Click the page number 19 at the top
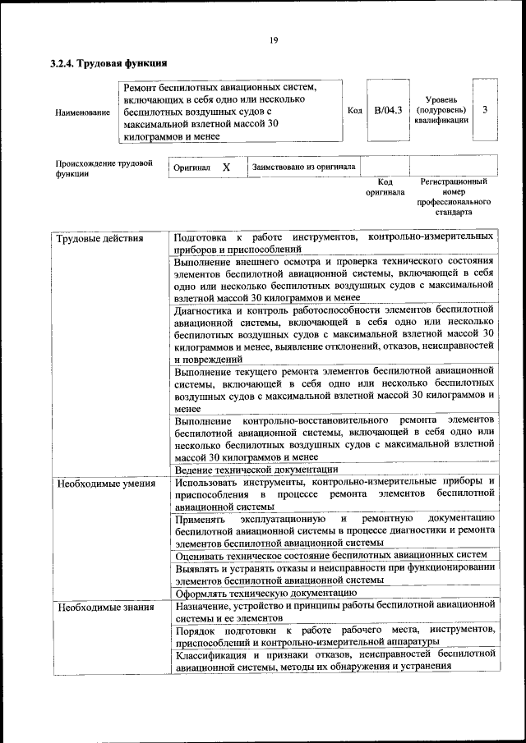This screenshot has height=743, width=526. pos(274,39)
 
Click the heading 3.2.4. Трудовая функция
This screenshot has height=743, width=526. pos(109,62)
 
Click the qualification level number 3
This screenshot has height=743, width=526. pos(486,109)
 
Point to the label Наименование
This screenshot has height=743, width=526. pos(82,112)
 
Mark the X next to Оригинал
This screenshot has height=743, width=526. pos(226,167)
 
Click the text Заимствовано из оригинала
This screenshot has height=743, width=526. pos(304,167)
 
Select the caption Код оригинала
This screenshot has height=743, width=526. pos(385,187)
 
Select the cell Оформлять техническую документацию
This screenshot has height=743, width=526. pos(265,592)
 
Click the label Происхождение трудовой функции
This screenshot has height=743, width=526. pos(104,168)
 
